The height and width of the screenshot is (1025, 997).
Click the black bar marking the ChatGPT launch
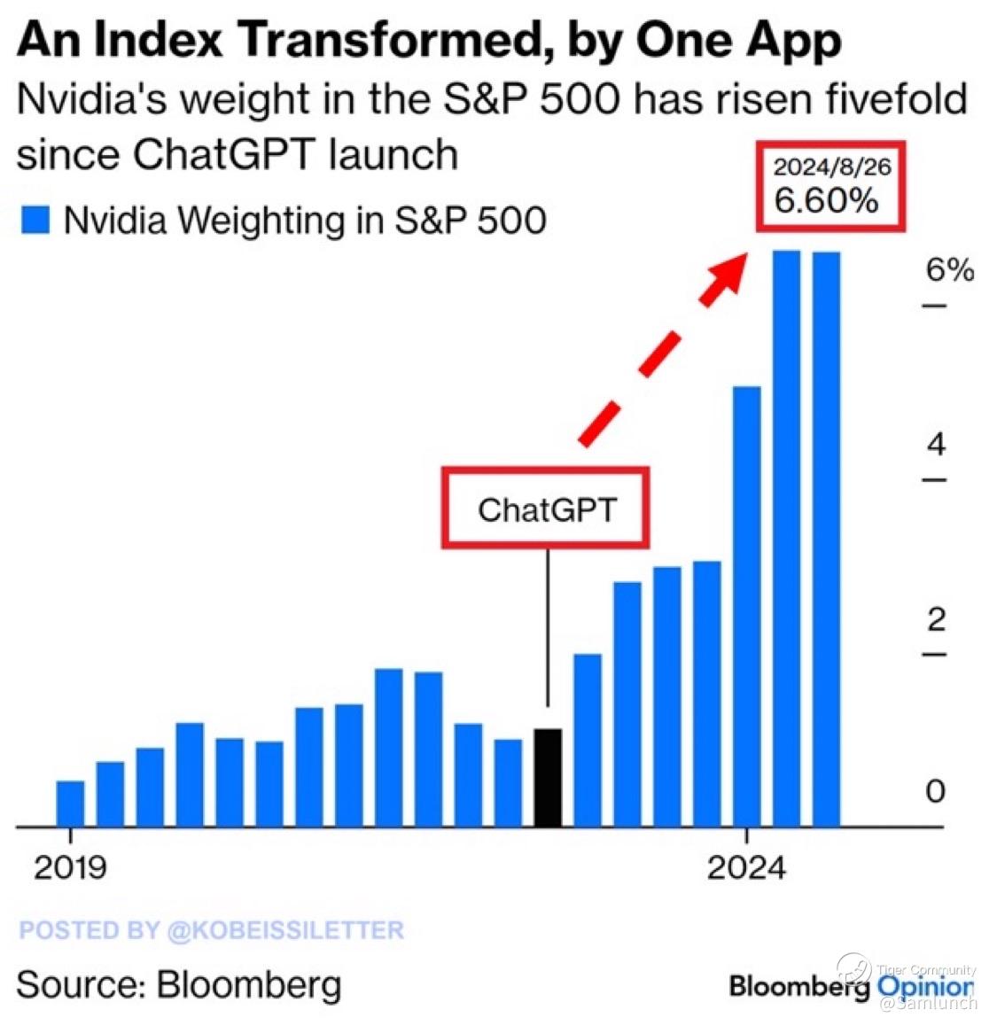point(548,778)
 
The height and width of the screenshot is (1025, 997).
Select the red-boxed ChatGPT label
point(546,509)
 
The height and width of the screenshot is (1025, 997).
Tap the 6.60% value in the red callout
point(826,201)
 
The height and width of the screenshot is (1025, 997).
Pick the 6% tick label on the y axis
point(949,270)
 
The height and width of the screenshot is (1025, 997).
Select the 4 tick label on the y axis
point(936,444)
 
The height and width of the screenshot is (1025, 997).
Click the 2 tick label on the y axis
point(936,619)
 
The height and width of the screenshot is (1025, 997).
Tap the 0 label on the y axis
point(935,790)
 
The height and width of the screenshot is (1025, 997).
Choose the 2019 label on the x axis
point(70,867)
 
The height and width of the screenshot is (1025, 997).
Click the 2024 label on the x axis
point(746,867)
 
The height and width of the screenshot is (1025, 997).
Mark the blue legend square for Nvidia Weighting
point(35,220)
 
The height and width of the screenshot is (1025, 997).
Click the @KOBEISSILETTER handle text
point(284,930)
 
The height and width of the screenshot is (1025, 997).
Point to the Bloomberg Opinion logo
point(851,985)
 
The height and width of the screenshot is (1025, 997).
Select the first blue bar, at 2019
point(70,804)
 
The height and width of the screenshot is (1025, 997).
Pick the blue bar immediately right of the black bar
point(588,741)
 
